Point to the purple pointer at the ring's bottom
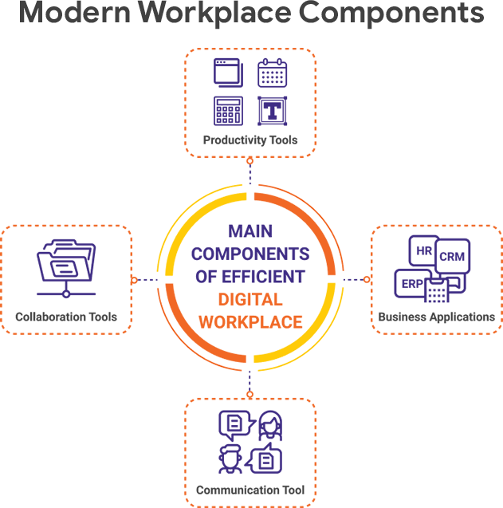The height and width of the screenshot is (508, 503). pos(250,379)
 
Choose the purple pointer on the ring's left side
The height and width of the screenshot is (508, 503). pos(145,278)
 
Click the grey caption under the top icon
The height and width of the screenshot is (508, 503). pos(251,143)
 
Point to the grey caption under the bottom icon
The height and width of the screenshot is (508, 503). pos(251,486)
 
